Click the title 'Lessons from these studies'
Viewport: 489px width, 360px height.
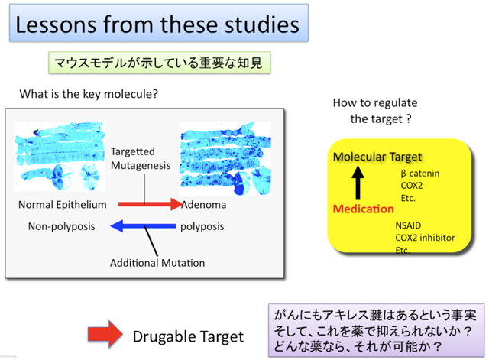[x=157, y=24]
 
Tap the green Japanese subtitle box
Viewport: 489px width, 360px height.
[x=160, y=63]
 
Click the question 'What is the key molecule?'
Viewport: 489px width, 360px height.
[x=89, y=94]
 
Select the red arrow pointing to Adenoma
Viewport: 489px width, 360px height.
[x=150, y=204]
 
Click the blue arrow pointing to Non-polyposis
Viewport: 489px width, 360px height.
[x=143, y=225]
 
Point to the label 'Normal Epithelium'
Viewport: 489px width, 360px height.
[x=63, y=205]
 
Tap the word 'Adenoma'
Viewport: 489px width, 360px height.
[x=204, y=205]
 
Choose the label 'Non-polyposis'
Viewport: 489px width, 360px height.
[x=61, y=226]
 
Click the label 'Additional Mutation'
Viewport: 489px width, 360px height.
[x=157, y=263]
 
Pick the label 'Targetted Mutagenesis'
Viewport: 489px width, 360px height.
[x=141, y=158]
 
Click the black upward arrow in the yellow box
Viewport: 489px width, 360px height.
[x=358, y=183]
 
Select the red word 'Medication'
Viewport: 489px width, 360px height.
[x=364, y=209]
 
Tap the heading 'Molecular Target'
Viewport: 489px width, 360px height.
[x=377, y=157]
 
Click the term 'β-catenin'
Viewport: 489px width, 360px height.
[x=420, y=174]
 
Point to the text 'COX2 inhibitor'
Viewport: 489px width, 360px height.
[x=425, y=238]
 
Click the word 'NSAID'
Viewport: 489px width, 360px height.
[x=408, y=225]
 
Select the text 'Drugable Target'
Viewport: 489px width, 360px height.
[x=188, y=337]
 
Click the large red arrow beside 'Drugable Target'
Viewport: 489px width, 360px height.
[x=105, y=334]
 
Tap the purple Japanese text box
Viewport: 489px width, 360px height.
[x=376, y=330]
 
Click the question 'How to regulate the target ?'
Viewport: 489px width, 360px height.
[x=375, y=111]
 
